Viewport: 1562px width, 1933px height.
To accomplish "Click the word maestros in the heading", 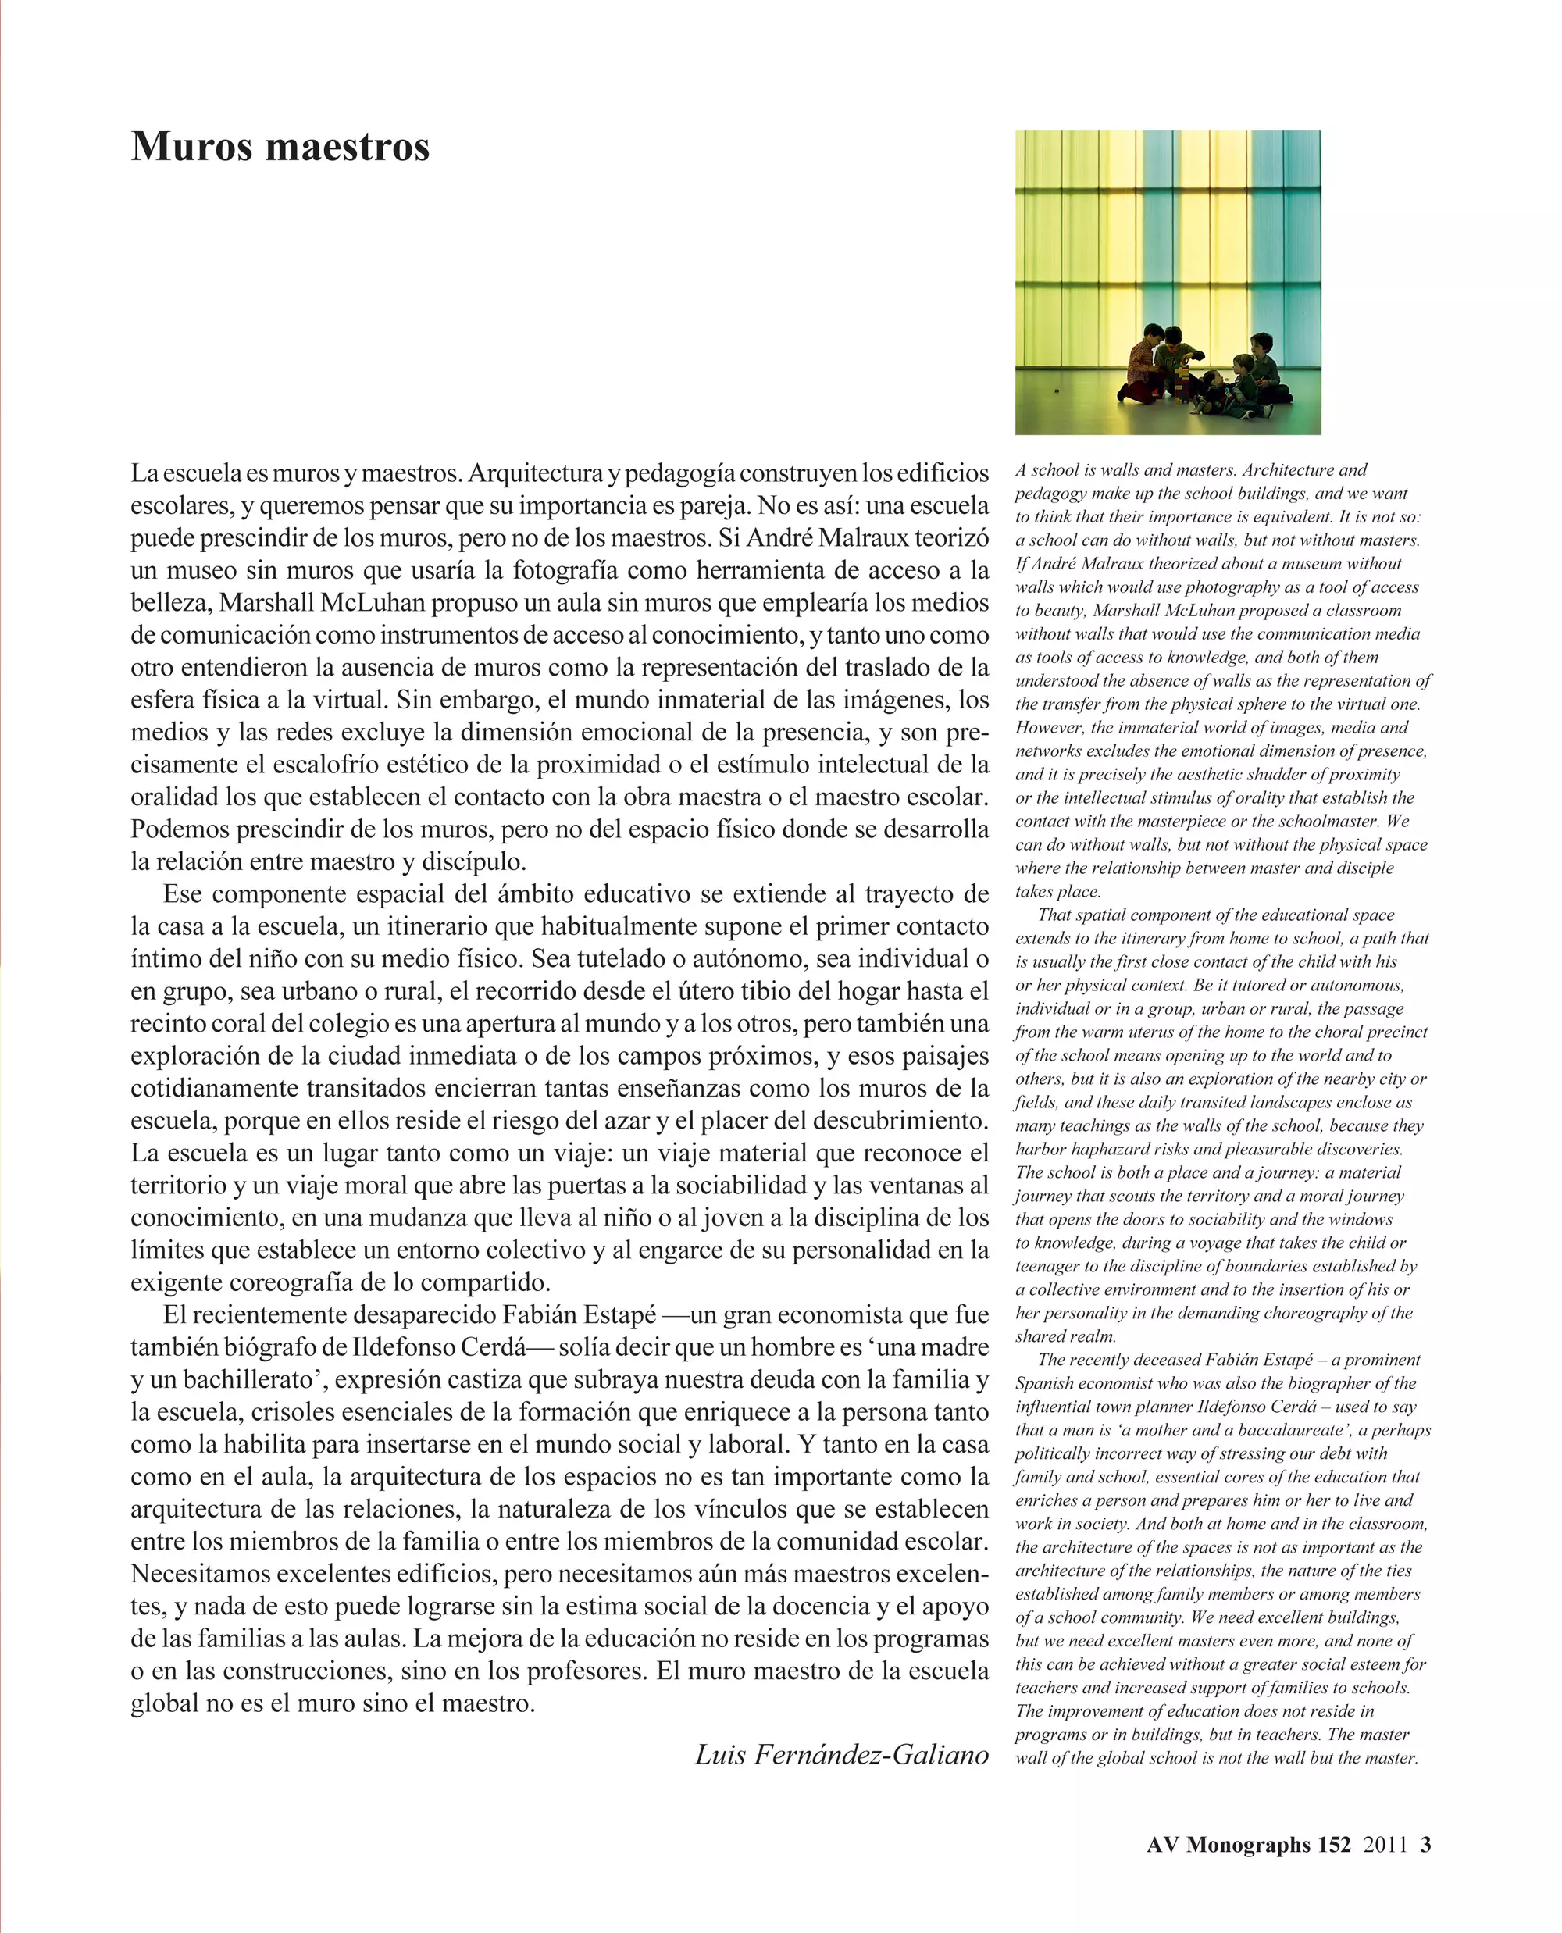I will click(348, 147).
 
